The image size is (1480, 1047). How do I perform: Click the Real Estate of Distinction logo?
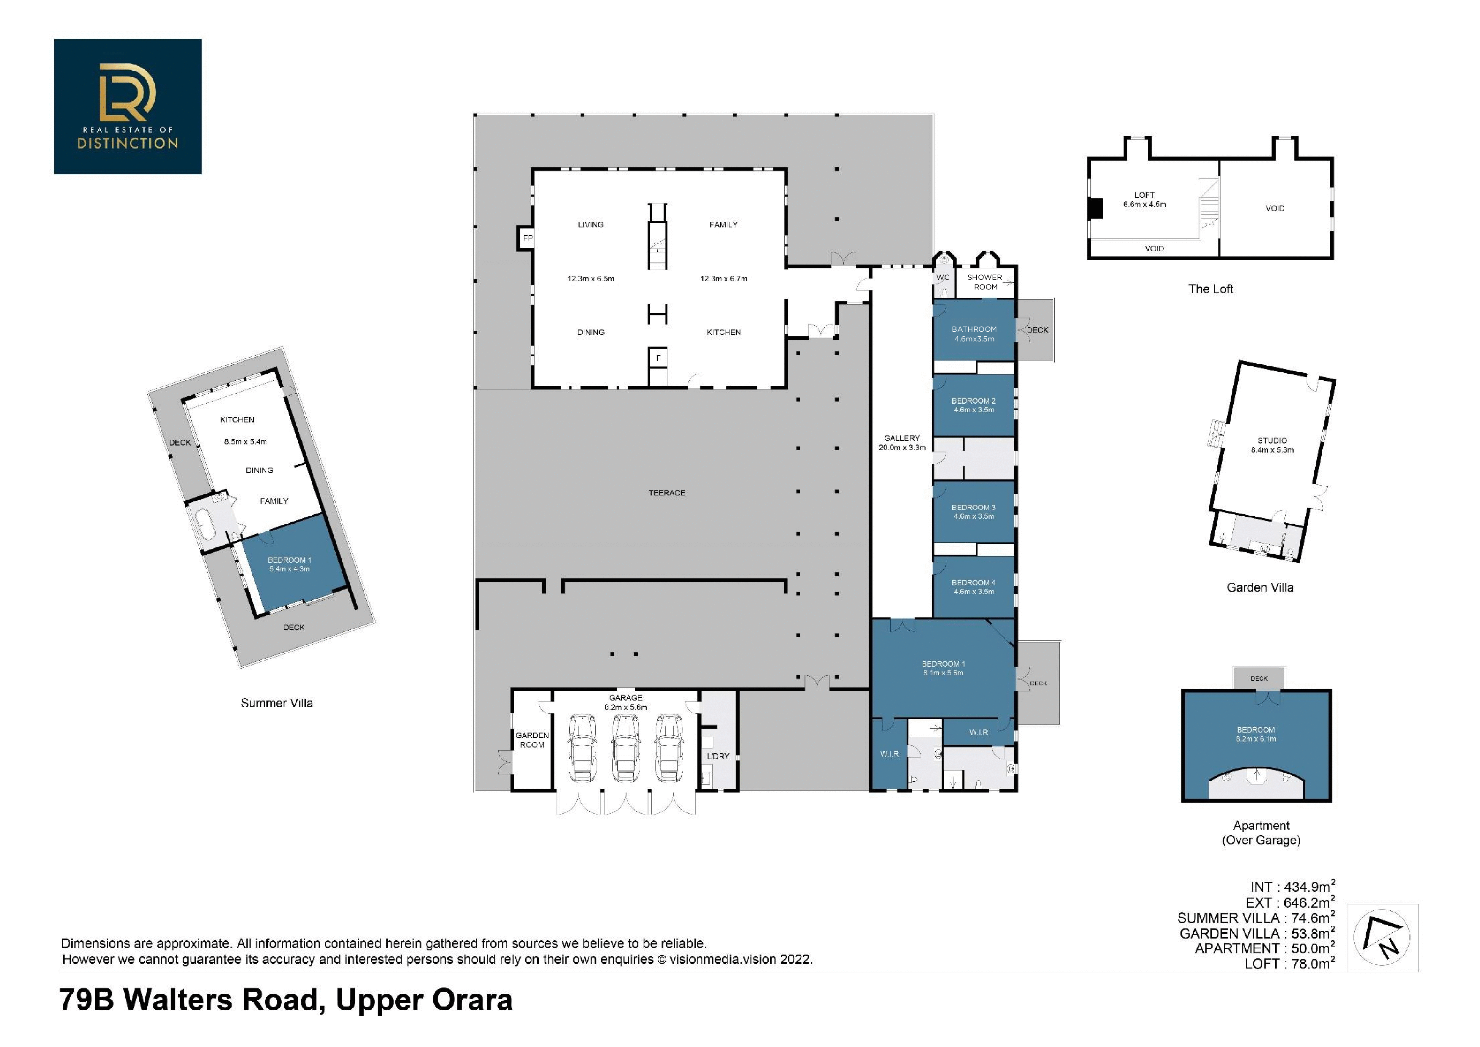pyautogui.click(x=128, y=106)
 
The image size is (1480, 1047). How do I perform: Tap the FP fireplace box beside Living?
pyautogui.click(x=526, y=238)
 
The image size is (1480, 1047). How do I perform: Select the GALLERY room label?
pyautogui.click(x=902, y=438)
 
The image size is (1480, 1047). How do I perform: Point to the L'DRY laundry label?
pyautogui.click(x=718, y=755)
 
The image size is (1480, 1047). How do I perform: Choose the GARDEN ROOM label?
pyautogui.click(x=532, y=739)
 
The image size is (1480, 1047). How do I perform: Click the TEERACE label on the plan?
pyautogui.click(x=667, y=492)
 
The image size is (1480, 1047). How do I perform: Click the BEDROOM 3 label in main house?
pyautogui.click(x=973, y=507)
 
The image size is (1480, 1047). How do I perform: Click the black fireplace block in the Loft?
pyautogui.click(x=1096, y=208)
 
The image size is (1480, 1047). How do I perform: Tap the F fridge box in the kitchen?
pyautogui.click(x=658, y=357)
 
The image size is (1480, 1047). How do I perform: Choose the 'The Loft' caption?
pyautogui.click(x=1210, y=289)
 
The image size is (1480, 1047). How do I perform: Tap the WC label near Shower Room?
pyautogui.click(x=943, y=277)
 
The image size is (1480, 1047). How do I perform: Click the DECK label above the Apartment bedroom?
pyautogui.click(x=1259, y=678)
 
